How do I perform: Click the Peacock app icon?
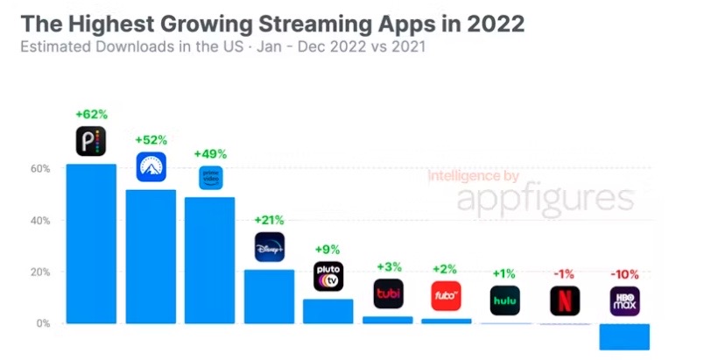click(x=91, y=140)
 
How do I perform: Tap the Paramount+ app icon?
click(x=151, y=166)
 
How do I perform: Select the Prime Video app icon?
click(x=210, y=178)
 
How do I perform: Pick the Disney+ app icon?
click(x=270, y=248)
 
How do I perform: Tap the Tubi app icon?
click(x=388, y=294)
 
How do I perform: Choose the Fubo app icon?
click(x=446, y=296)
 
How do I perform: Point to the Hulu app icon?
click(x=505, y=300)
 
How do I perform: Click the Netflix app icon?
click(x=565, y=300)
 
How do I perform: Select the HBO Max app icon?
click(x=624, y=300)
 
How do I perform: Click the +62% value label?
click(x=91, y=114)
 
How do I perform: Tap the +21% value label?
click(x=270, y=220)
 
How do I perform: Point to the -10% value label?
click(x=624, y=272)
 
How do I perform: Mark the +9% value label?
click(x=328, y=249)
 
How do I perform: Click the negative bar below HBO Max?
click(x=624, y=336)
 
